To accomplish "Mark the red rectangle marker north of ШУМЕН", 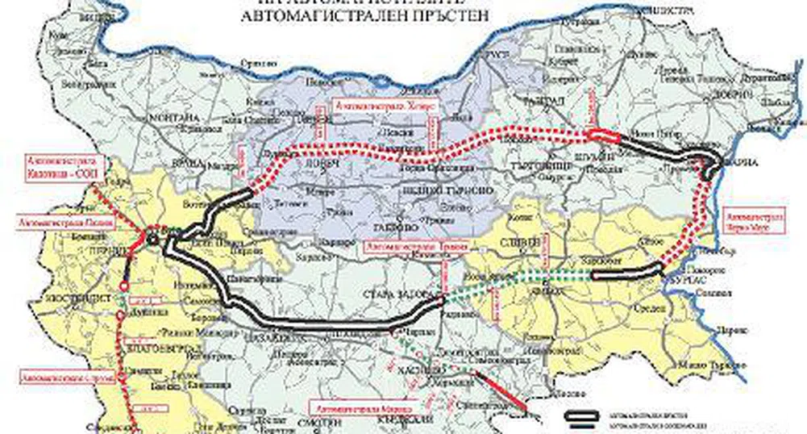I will point(602,136).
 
